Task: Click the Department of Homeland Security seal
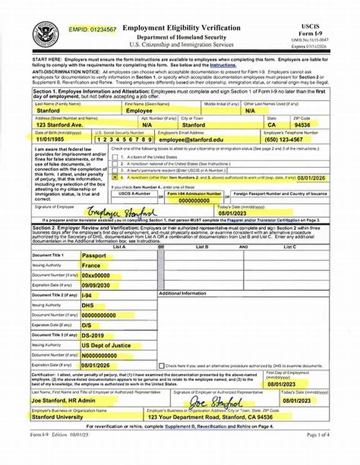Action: tap(45, 34)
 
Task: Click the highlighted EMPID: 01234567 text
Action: tap(93, 29)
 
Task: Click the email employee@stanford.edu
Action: tap(191, 140)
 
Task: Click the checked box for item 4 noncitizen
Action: tap(116, 178)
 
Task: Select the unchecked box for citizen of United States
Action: tap(116, 157)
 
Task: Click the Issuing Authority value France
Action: tap(91, 265)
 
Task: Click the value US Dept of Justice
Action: tap(106, 345)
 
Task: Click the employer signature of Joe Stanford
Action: tap(216, 402)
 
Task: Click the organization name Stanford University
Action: tap(57, 417)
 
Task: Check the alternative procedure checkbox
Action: tap(162, 366)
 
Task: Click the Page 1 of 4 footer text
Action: tap(318, 435)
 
